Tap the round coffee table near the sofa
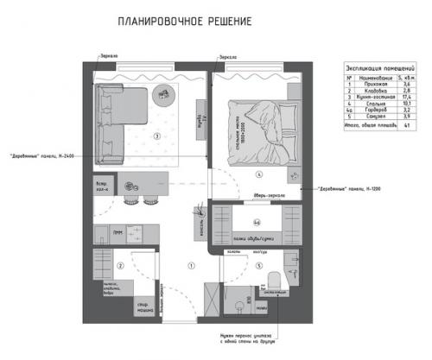164,93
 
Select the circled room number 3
156,136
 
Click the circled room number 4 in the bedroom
258,173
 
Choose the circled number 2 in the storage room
122,266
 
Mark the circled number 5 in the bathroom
258,265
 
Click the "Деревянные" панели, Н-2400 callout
44,156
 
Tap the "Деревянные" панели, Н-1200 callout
346,188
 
